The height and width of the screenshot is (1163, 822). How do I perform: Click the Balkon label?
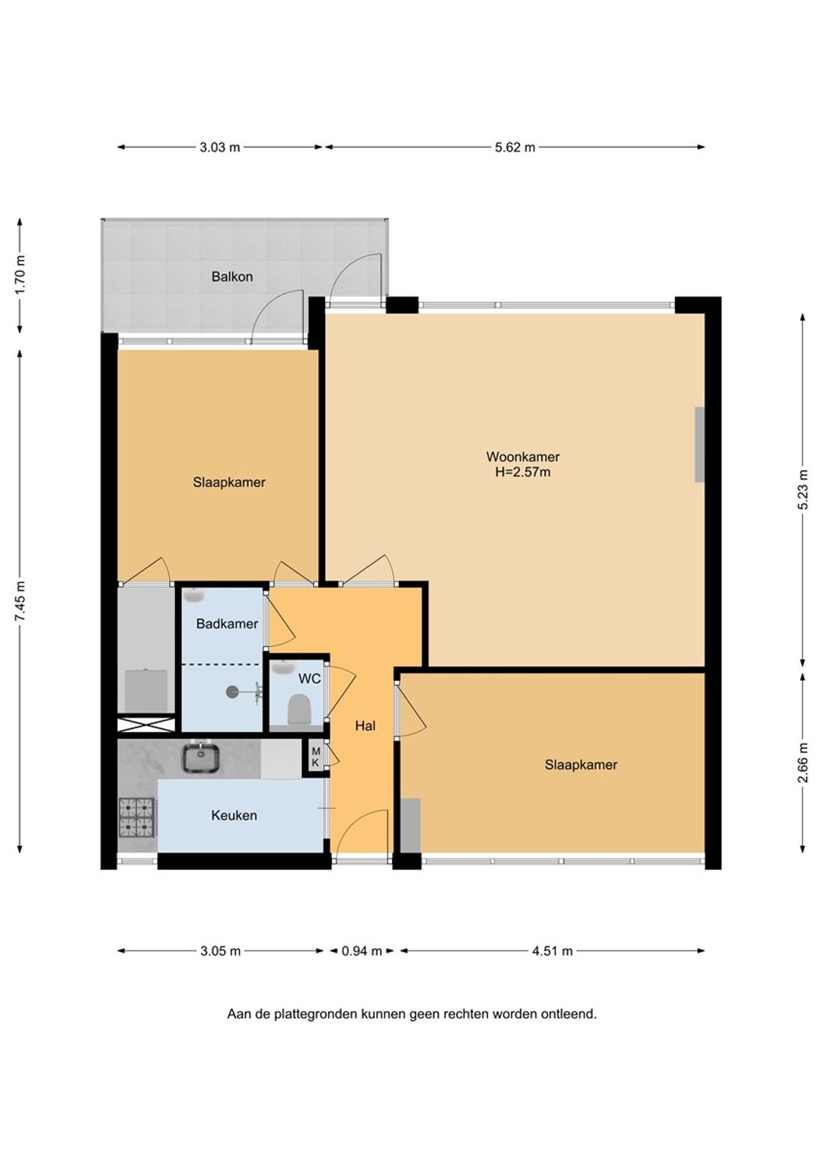tap(231, 277)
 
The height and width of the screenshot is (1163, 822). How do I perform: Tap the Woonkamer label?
tap(522, 457)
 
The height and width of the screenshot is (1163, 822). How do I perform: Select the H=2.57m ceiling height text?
tap(523, 473)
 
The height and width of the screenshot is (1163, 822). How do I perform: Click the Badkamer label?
tap(227, 624)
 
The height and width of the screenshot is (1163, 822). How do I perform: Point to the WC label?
tap(310, 679)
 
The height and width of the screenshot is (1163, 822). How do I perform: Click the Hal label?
tap(365, 726)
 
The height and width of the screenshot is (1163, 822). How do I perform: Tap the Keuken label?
tap(234, 816)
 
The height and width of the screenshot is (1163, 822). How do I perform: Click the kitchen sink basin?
tap(200, 759)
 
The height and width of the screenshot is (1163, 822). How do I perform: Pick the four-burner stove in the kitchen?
tap(138, 817)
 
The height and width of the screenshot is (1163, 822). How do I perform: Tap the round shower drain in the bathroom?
tap(232, 692)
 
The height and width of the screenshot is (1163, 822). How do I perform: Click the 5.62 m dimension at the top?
tap(515, 148)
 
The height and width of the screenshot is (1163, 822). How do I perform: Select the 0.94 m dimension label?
tap(362, 951)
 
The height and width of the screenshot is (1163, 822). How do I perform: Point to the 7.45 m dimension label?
tap(21, 601)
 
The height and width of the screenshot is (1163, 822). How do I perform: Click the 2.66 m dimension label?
tap(803, 763)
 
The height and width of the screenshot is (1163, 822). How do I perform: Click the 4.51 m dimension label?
tap(553, 951)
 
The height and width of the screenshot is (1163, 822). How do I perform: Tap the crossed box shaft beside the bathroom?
tap(146, 725)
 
